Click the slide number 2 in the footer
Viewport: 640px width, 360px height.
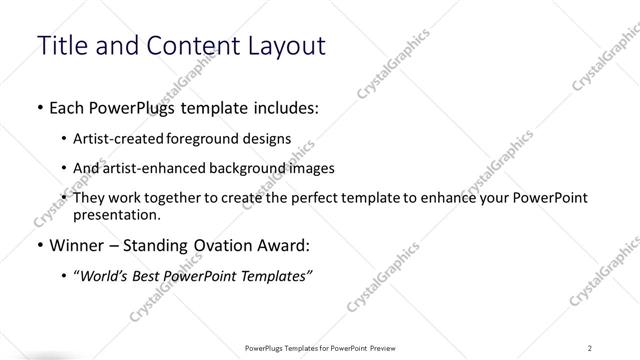pos(590,347)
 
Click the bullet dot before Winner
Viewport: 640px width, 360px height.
pos(39,244)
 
